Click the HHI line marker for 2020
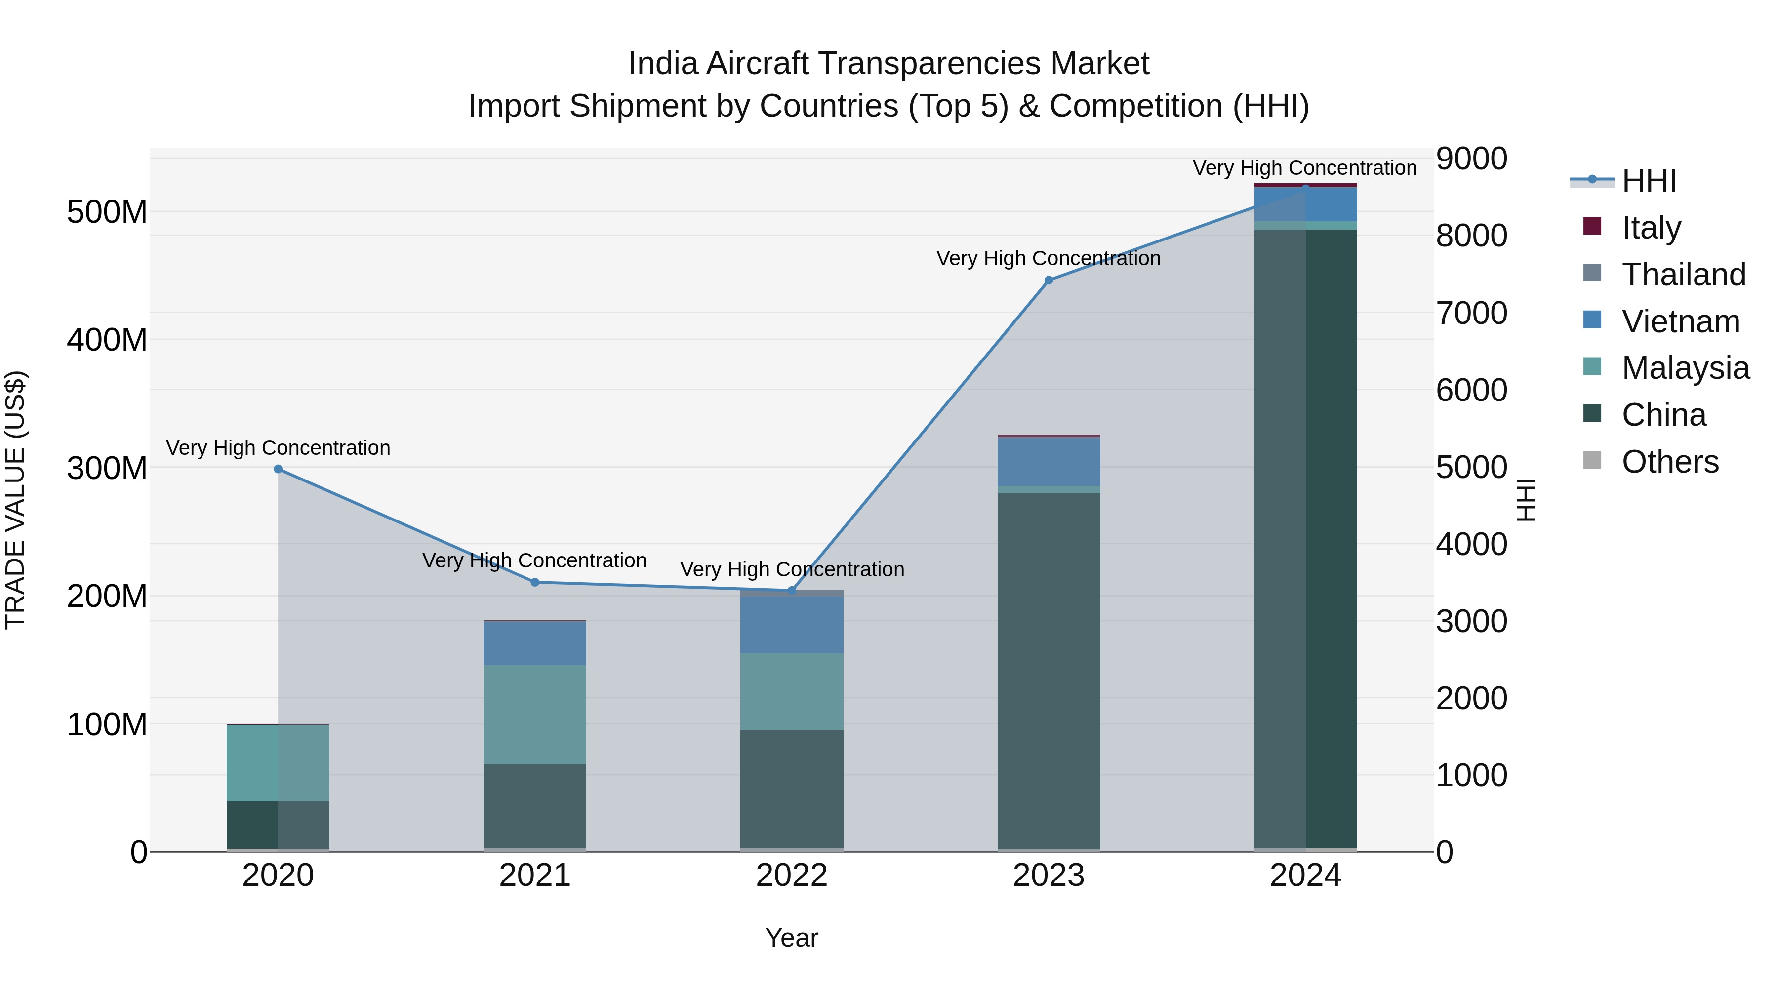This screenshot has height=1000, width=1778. click(278, 469)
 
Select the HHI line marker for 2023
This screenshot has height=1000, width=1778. click(1049, 280)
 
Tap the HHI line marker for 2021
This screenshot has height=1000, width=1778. click(535, 582)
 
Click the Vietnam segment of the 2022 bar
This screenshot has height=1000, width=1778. click(792, 625)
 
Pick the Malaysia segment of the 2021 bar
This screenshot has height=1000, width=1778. click(535, 714)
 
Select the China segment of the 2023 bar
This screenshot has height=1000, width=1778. click(1049, 670)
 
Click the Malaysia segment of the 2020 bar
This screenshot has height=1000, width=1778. click(278, 762)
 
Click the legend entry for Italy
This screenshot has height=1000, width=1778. click(1651, 227)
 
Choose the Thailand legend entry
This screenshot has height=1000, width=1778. click(1683, 274)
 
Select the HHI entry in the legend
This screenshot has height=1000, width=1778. click(1648, 181)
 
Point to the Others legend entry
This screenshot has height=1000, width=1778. click(1669, 461)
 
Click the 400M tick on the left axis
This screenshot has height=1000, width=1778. click(107, 340)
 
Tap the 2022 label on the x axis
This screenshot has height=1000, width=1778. click(792, 875)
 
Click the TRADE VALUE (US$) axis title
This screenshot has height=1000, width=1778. click(15, 500)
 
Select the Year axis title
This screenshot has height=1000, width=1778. click(792, 938)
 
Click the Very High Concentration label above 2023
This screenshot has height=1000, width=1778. click(1049, 258)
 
